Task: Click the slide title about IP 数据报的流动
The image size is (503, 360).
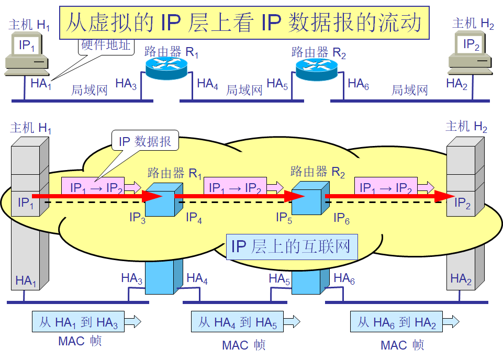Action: [x=244, y=24]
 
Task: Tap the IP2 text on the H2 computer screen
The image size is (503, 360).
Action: [x=471, y=45]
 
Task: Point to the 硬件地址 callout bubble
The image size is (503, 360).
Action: [x=105, y=45]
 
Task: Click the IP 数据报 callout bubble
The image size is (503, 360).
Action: [x=145, y=141]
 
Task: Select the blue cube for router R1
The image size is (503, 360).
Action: [x=163, y=199]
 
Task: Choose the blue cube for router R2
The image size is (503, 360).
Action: [x=310, y=199]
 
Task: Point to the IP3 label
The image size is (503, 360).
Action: [x=138, y=217]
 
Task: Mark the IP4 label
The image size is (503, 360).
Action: [x=194, y=217]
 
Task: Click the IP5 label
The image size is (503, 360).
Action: [x=284, y=217]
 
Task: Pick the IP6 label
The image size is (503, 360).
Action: [x=341, y=217]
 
